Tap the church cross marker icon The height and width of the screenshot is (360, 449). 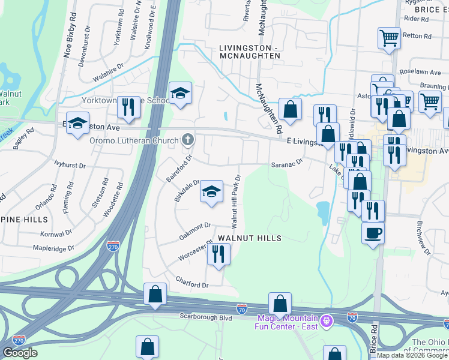188,140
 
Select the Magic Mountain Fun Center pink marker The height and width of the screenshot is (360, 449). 326,320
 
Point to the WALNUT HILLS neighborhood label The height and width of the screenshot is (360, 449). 249,238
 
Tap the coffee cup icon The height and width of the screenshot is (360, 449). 373,232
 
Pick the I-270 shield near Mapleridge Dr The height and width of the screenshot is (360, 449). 113,245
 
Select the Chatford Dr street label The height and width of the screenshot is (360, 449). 191,281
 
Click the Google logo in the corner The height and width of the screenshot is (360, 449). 20,353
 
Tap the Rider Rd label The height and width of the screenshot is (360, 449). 418,19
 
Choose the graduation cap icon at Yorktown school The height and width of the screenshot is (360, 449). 179,93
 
